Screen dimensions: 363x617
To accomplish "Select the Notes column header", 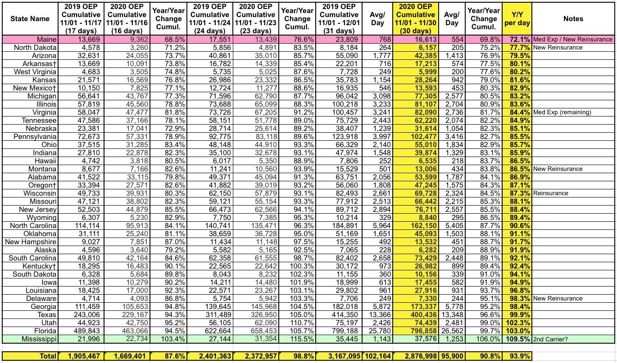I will pos(573,19).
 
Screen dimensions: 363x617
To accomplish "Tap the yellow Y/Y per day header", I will pos(517,19).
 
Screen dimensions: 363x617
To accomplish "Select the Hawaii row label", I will pos(45,161).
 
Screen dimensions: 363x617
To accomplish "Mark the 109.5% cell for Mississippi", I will pos(517,339).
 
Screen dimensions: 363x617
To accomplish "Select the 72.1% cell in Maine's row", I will pos(517,40).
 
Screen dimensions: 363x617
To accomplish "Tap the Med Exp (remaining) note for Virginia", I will pos(562,112).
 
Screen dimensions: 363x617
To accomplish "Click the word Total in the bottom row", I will pos(46,356).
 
